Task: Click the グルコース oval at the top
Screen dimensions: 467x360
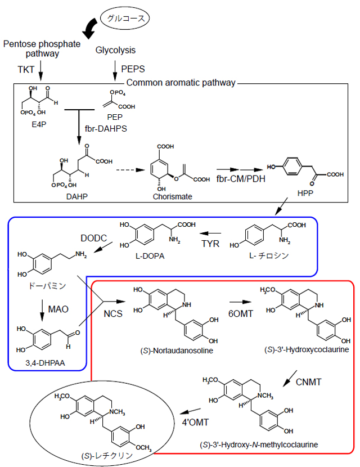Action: pos(127,18)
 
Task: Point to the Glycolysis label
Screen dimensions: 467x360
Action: pos(116,51)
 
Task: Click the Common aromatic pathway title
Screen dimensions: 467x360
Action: pos(181,83)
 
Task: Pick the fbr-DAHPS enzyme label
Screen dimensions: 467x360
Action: pos(110,129)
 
